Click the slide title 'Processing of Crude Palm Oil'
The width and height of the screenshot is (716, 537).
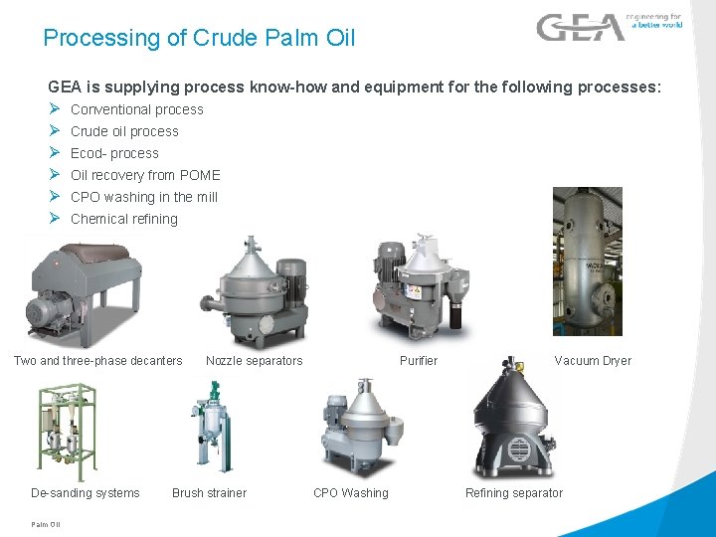(x=199, y=39)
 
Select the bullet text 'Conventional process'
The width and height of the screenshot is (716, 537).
(x=137, y=109)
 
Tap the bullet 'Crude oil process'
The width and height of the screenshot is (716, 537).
(x=124, y=131)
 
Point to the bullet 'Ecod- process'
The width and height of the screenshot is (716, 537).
(x=114, y=153)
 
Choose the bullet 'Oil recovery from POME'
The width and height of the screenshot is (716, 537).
(x=145, y=175)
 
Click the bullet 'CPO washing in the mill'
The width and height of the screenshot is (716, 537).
(x=144, y=197)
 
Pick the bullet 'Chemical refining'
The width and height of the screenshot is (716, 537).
(x=124, y=219)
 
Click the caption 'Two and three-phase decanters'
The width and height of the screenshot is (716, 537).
(x=97, y=360)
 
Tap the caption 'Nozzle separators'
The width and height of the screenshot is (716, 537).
(x=254, y=360)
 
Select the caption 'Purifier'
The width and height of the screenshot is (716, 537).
(x=419, y=360)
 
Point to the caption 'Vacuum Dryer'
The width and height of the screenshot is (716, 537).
(x=593, y=360)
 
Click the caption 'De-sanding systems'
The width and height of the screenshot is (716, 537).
(x=86, y=492)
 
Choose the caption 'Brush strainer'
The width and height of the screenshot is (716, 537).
(x=209, y=492)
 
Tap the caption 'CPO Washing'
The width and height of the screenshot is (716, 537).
(x=351, y=492)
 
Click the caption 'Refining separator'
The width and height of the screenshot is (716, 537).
(x=514, y=492)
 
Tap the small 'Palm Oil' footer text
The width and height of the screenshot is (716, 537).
(x=46, y=524)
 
